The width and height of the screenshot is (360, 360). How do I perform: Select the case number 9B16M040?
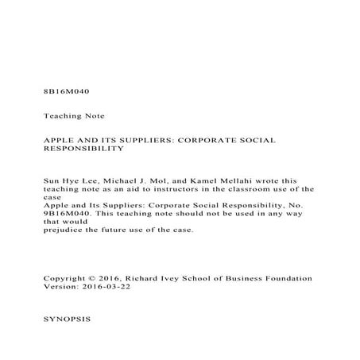[68, 214]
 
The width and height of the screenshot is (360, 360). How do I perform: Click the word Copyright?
[66, 278]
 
